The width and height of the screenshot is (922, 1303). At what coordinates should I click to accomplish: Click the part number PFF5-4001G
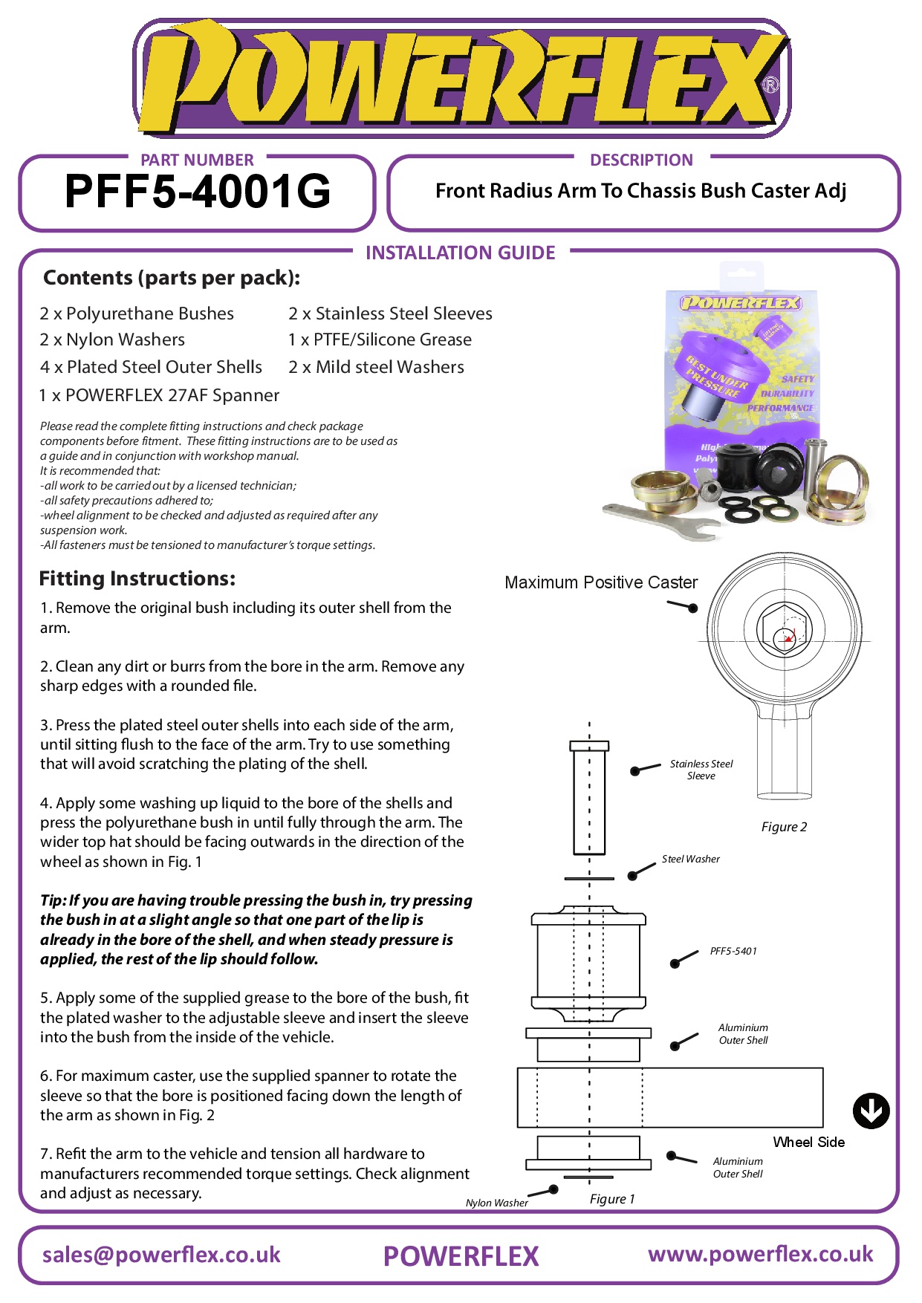pyautogui.click(x=198, y=192)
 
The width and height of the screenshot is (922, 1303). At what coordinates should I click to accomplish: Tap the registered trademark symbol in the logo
pyautogui.click(x=770, y=85)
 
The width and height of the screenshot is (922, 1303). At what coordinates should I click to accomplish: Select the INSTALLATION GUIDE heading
pyautogui.click(x=460, y=253)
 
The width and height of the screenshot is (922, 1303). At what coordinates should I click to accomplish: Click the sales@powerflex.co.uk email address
pyautogui.click(x=161, y=1255)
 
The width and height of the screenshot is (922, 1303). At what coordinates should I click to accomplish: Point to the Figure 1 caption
pyautogui.click(x=612, y=1199)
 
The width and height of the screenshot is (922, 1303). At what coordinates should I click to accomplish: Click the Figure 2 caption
pyautogui.click(x=784, y=827)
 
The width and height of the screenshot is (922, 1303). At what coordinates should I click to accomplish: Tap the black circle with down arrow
pyautogui.click(x=871, y=1111)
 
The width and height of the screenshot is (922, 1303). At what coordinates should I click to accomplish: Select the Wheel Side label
pyautogui.click(x=808, y=1143)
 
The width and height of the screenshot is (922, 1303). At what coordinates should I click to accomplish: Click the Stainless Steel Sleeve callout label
pyautogui.click(x=701, y=770)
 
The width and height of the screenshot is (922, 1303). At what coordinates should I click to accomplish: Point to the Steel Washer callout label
pyautogui.click(x=690, y=860)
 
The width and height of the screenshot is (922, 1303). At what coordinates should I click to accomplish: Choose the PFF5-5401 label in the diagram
pyautogui.click(x=733, y=951)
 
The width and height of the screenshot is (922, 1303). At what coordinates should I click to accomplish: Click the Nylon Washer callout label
pyautogui.click(x=496, y=1203)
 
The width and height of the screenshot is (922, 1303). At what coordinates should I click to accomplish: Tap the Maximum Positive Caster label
pyautogui.click(x=601, y=582)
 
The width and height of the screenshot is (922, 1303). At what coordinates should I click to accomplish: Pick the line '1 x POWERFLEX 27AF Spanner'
pyautogui.click(x=159, y=395)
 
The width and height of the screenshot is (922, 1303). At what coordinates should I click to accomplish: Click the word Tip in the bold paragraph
pyautogui.click(x=52, y=900)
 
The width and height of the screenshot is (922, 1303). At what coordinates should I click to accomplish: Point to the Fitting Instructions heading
pyautogui.click(x=137, y=579)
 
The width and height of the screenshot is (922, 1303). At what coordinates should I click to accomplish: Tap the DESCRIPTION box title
pyautogui.click(x=641, y=160)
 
